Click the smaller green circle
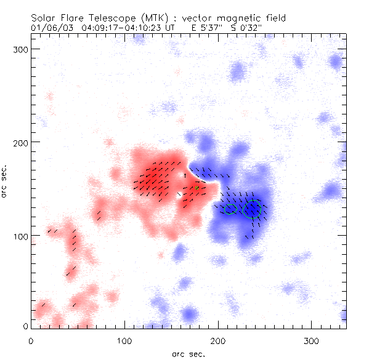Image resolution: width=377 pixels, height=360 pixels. click(x=230, y=209)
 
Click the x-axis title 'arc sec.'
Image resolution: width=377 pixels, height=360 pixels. click(x=188, y=354)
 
